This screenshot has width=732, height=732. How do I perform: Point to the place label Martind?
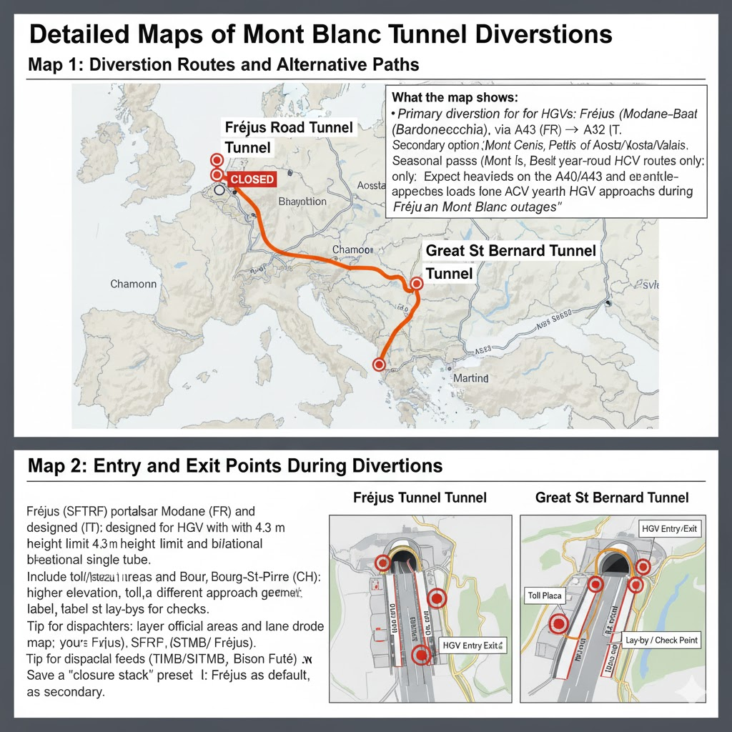click(470, 377)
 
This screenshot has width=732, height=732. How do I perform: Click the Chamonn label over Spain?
click(133, 285)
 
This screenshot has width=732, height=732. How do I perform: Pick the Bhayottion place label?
click(302, 202)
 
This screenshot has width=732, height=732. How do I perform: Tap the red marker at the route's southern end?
click(379, 365)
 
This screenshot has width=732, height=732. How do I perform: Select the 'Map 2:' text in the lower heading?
click(55, 466)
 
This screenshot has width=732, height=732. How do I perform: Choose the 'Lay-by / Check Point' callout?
click(661, 640)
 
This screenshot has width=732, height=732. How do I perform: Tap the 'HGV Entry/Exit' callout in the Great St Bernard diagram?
click(668, 529)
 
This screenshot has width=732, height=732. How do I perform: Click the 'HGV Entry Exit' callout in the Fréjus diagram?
click(473, 646)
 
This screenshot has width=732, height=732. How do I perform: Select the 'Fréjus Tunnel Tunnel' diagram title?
click(420, 498)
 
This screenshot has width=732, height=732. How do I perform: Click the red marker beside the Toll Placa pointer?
click(557, 624)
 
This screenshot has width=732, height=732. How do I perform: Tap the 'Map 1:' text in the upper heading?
click(55, 64)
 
